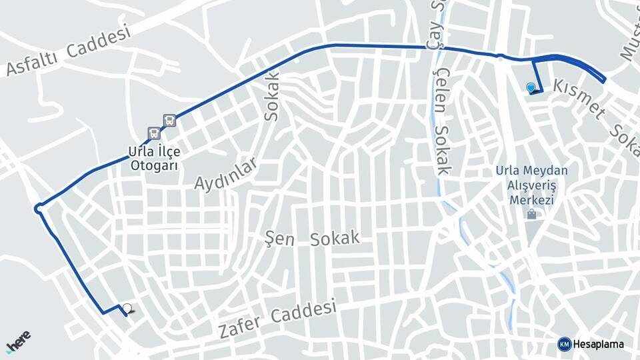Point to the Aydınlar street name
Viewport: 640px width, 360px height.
pos(225,174)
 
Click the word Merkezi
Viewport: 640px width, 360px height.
pos(531,200)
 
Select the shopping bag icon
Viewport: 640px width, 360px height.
pos(531,215)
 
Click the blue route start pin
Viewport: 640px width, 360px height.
pos(531,87)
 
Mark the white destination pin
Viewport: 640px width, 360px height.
pos(127,309)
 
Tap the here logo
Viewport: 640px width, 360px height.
pos(18,341)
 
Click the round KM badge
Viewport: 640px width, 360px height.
pos(564,344)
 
